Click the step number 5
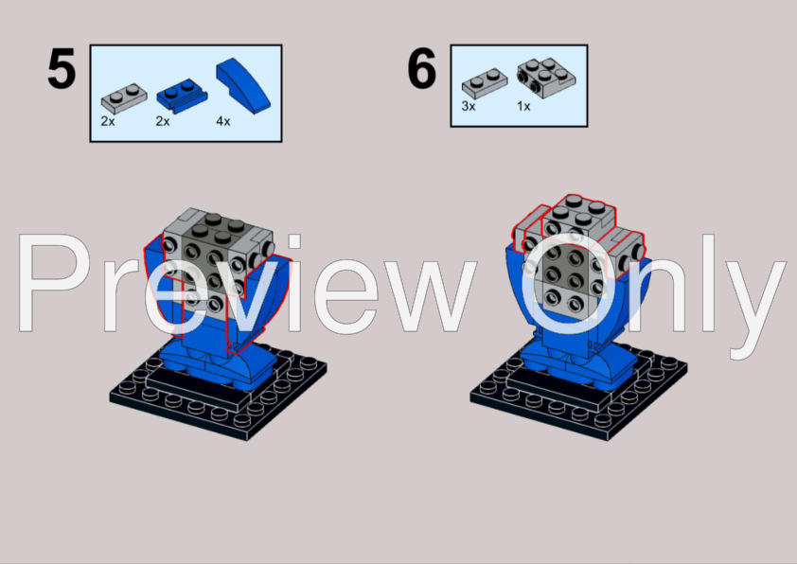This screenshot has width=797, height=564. pos(62,68)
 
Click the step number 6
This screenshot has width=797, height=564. pos(422,68)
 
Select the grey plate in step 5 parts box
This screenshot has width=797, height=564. pos(124,98)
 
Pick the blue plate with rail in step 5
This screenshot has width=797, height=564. pos(182,96)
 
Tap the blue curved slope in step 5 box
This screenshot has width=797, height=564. pos(243,85)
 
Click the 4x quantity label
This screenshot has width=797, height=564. pos(223,121)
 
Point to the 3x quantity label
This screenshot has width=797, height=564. pos(469,106)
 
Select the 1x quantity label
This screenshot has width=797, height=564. pos(523,106)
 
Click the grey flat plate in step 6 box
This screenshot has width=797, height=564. pos(485,83)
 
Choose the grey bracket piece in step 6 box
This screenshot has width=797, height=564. pos(546,78)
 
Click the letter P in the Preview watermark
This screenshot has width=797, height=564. pos(56,283)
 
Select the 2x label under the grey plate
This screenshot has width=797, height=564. pos(108,121)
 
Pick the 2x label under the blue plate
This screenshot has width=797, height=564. pos(163,121)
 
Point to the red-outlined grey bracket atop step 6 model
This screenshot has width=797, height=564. pos(579,214)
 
